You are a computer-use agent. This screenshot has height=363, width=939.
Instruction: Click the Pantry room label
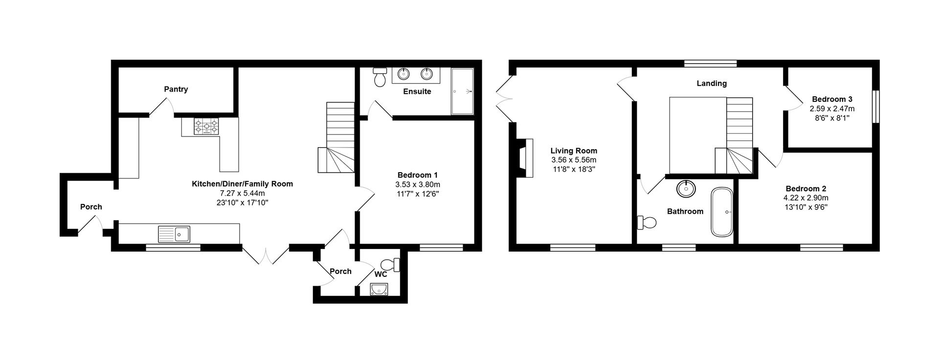pos(176,89)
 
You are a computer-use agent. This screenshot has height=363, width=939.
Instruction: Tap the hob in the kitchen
pos(206,127)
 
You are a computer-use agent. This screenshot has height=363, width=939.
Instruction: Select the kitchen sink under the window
pos(174,234)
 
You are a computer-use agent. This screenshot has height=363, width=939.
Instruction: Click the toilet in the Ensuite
pos(379,77)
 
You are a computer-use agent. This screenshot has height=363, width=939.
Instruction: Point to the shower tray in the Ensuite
pos(462,91)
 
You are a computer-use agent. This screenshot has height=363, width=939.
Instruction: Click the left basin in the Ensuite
pos(403,74)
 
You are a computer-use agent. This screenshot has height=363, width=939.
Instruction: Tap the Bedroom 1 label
pos(417,175)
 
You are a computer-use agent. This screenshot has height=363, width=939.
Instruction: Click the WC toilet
pos(391,265)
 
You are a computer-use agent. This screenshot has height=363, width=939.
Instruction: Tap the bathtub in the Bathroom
pos(722,212)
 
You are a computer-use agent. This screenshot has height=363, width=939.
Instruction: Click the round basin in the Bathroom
pos(686,188)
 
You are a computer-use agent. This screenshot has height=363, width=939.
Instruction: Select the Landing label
pos(711,83)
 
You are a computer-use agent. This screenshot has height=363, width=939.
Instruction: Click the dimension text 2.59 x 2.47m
pos(832,109)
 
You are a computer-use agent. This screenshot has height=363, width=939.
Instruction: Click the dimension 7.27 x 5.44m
pos(242,193)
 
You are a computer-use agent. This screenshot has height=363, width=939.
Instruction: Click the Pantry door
pos(161,107)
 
